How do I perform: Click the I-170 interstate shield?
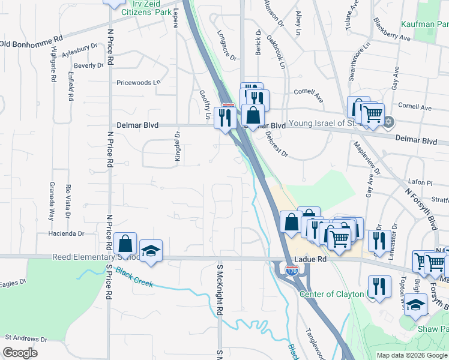pyautogui.click(x=292, y=271)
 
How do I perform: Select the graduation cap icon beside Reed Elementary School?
pyautogui.click(x=151, y=251)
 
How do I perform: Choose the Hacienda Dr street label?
pyautogui.click(x=68, y=233)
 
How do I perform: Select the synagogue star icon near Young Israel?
pyautogui.click(x=388, y=122)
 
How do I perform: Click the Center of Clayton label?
pyautogui.click(x=332, y=294)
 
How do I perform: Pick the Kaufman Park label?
pyautogui.click(x=427, y=25)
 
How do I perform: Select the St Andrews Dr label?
pyautogui.click(x=24, y=339)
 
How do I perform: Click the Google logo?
pyautogui.click(x=20, y=353)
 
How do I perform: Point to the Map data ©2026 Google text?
pyautogui.click(x=411, y=355)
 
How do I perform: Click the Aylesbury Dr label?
pyautogui.click(x=79, y=47)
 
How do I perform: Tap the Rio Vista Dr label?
pyautogui.click(x=69, y=202)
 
